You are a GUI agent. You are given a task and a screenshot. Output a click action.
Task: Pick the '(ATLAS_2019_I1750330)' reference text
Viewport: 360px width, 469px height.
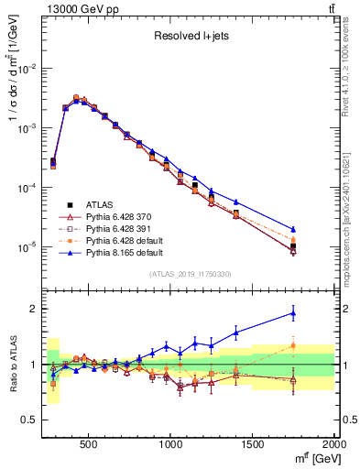click(x=190, y=274)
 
